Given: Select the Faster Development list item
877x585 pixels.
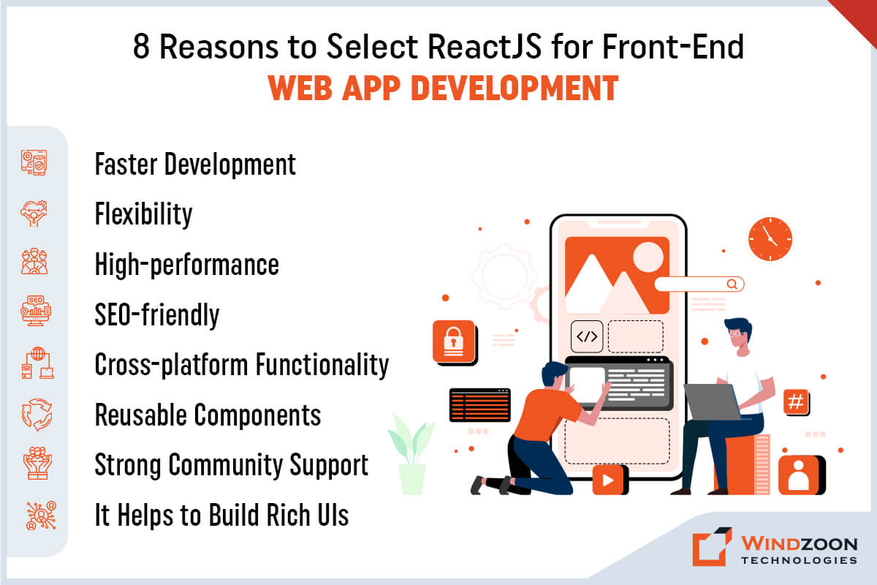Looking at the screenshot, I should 195,165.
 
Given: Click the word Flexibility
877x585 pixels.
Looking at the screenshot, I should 143,214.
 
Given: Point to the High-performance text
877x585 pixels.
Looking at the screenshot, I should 186,264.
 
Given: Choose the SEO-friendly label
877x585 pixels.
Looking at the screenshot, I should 156,314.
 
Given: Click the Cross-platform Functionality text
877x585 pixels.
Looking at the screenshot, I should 241,364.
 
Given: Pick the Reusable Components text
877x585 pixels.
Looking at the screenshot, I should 208,415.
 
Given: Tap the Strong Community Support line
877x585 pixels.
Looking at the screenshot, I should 231,465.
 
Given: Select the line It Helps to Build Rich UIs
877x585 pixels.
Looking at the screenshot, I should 221,515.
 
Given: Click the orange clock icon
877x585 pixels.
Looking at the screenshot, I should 770,240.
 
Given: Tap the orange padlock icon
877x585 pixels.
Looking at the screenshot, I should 454,341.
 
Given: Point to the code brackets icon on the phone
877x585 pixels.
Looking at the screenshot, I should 587,336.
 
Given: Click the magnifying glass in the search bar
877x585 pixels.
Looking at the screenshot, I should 732,284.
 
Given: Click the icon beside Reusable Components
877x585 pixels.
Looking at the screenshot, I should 34,415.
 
